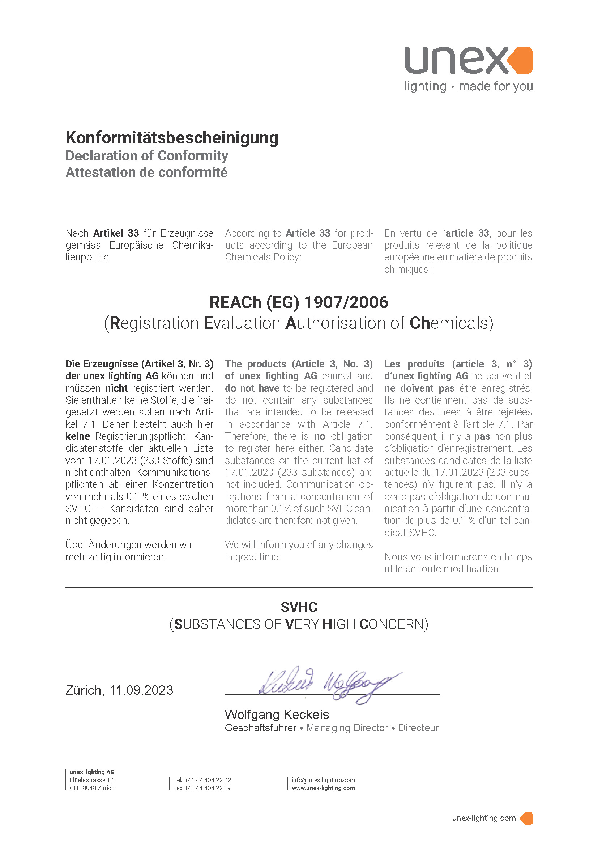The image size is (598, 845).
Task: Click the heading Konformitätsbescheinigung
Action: coord(172,138)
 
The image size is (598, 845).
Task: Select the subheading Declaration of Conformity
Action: coord(146,156)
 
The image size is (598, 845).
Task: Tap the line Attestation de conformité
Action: coord(146,172)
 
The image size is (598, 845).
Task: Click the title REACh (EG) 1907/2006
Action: coord(299,302)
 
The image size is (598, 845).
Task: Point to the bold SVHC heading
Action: coord(299,607)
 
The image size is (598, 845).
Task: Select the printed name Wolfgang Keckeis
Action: coord(277,714)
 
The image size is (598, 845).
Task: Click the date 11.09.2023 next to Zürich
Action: coord(141,690)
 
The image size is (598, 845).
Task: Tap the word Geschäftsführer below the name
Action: coord(260,728)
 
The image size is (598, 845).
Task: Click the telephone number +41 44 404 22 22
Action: coord(208,780)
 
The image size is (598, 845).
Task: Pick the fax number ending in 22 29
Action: coord(207,788)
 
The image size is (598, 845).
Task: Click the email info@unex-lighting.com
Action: coord(323,780)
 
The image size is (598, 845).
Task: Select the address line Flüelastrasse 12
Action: coord(92,780)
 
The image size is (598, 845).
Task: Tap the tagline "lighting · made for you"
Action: coord(468,86)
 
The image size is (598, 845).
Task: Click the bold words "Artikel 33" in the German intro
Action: coord(116,233)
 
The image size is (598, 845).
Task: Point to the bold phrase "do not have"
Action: coord(252,388)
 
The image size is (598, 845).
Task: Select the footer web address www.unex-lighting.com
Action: coord(323,788)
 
